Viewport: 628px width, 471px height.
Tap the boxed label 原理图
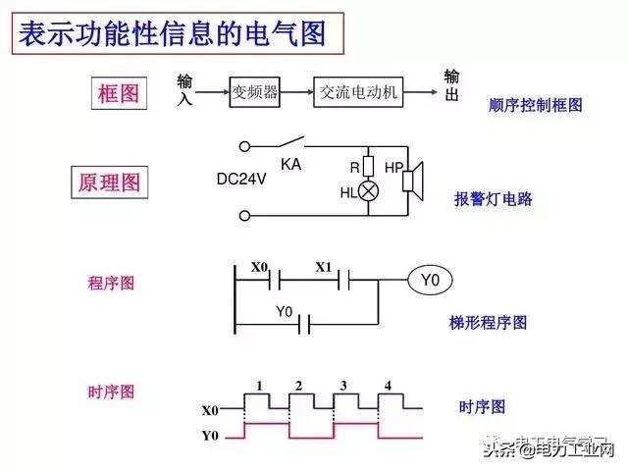pyautogui.click(x=109, y=183)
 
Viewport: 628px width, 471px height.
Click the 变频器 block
pyautogui.click(x=255, y=93)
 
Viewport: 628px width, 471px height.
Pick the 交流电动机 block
pyautogui.click(x=359, y=93)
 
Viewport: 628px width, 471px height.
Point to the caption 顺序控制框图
pyautogui.click(x=535, y=104)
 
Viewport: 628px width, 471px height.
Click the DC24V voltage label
pyautogui.click(x=242, y=180)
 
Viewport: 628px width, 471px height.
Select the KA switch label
pyautogui.click(x=290, y=164)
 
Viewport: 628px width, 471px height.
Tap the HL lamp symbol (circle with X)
pyautogui.click(x=369, y=191)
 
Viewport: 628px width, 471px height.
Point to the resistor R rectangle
pyautogui.click(x=369, y=165)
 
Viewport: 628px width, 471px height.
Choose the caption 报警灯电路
pyautogui.click(x=493, y=198)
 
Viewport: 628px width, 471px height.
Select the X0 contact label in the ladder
pyautogui.click(x=259, y=266)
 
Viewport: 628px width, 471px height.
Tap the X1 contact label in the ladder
pyautogui.click(x=325, y=266)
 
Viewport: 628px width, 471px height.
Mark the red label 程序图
pyautogui.click(x=111, y=283)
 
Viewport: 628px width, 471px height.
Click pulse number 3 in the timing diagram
pyautogui.click(x=342, y=384)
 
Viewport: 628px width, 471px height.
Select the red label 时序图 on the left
pyautogui.click(x=111, y=392)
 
